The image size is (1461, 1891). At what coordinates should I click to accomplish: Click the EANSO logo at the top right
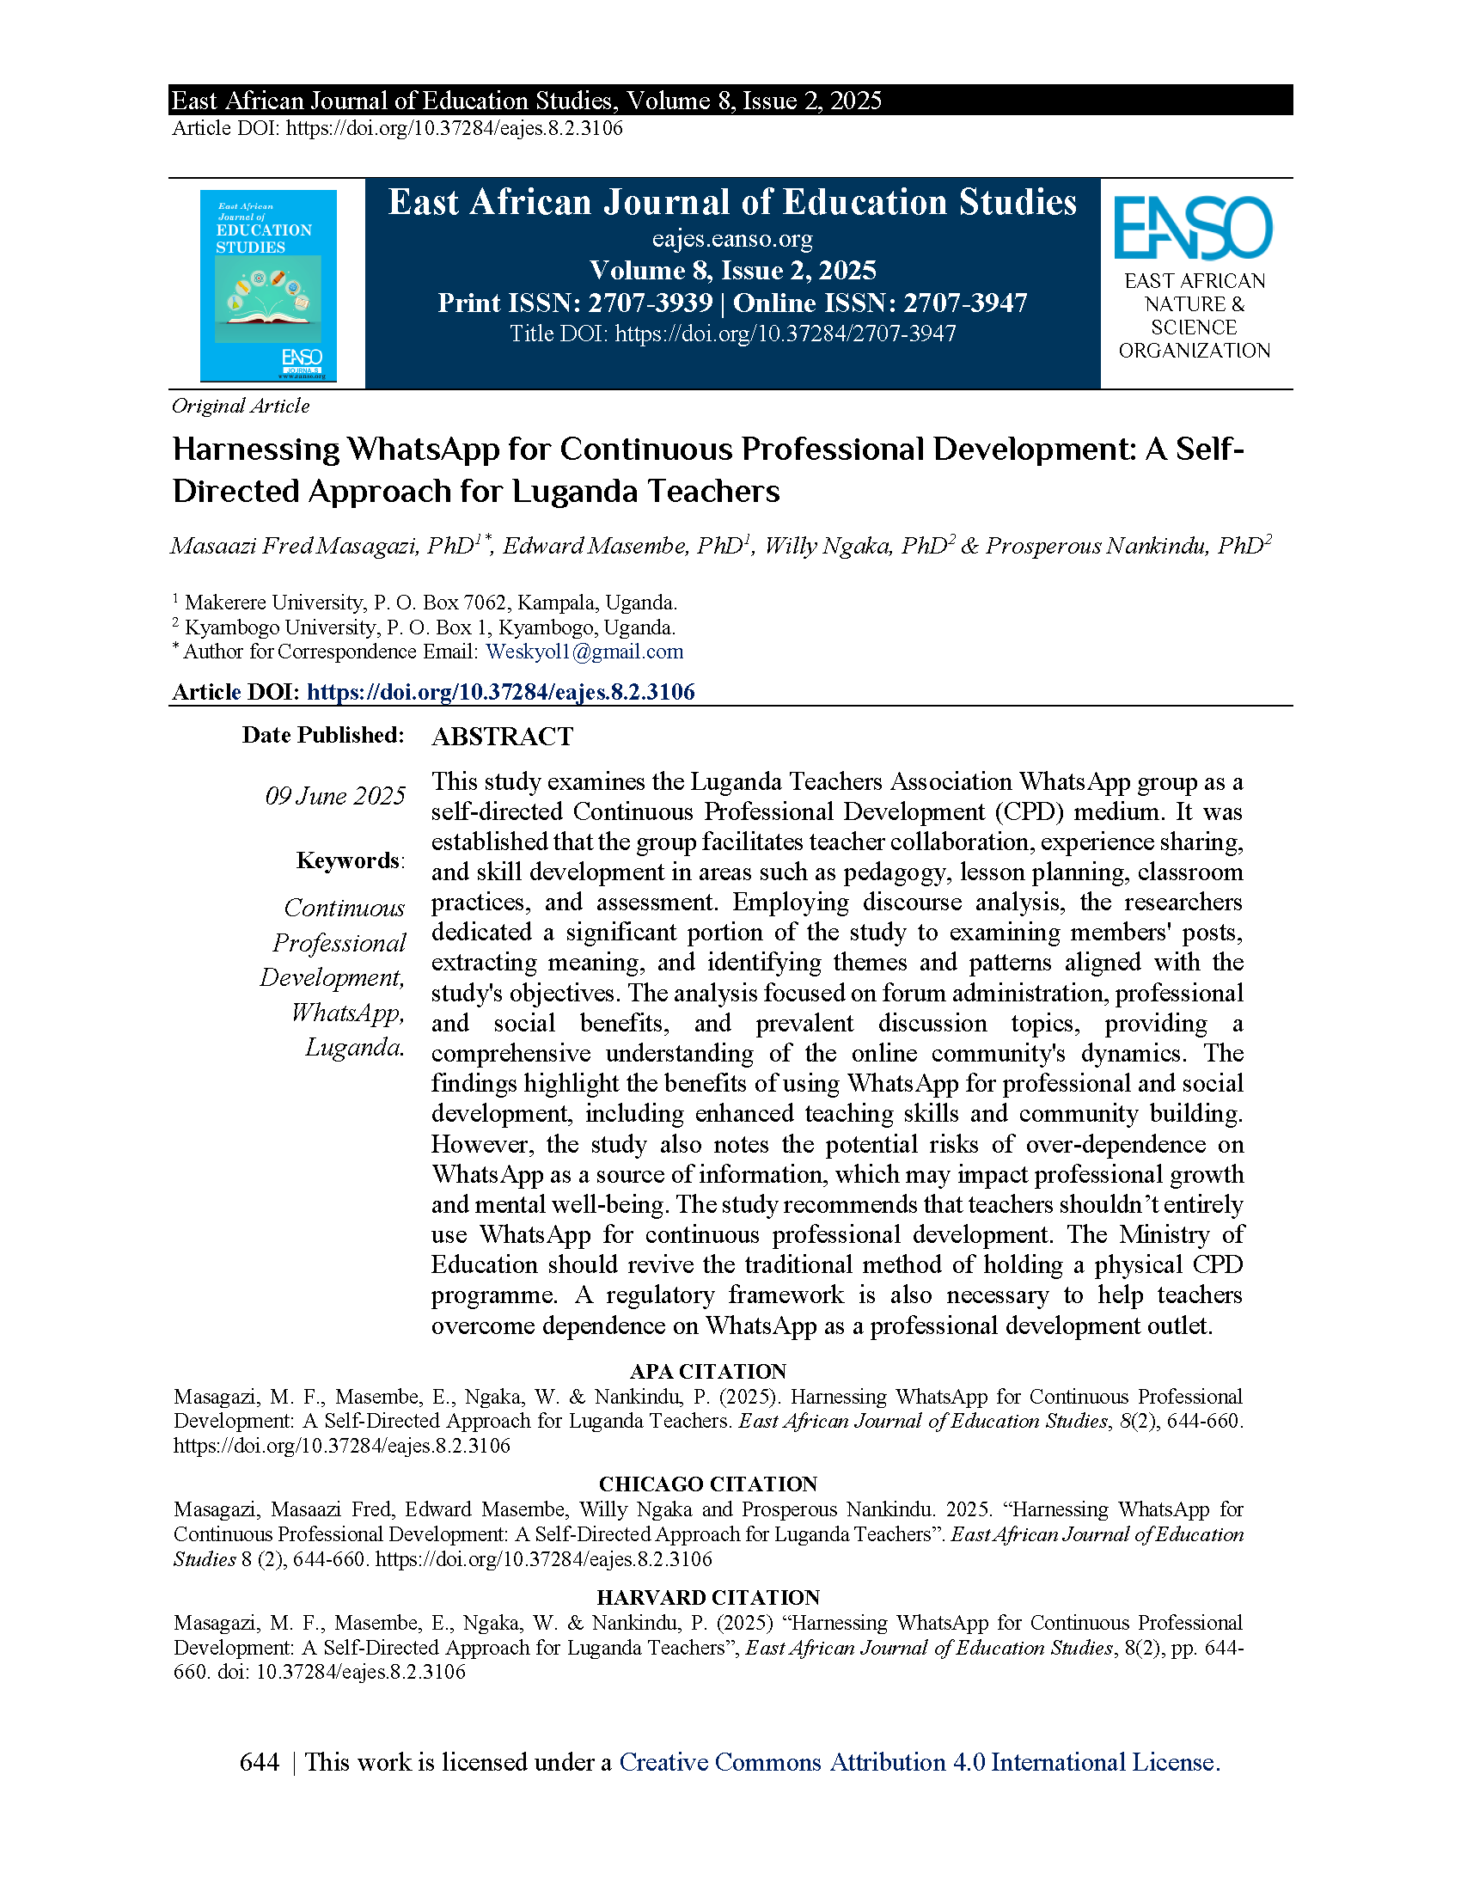tap(1193, 229)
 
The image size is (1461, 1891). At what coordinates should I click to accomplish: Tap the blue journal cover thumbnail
tap(267, 285)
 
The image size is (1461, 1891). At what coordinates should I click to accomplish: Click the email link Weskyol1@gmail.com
tap(584, 652)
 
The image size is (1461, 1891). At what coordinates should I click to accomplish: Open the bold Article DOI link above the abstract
tap(500, 692)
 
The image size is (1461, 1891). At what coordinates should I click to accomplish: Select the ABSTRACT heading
tap(502, 737)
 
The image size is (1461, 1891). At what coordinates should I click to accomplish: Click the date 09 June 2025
tap(335, 796)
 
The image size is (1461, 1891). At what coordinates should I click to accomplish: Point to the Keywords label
tap(349, 860)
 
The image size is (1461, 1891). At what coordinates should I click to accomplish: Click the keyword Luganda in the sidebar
tap(355, 1047)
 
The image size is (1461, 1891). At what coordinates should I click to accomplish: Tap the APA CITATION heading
tap(707, 1372)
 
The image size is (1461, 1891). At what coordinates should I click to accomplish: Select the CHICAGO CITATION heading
tap(707, 1484)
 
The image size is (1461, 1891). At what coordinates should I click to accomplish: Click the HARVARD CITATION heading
tap(707, 1598)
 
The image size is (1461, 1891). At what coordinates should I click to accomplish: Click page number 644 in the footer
tap(260, 1762)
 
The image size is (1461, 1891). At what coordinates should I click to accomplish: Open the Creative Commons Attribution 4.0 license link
tap(920, 1762)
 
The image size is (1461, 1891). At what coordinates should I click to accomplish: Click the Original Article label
tap(241, 406)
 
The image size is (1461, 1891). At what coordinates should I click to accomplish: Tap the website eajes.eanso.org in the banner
tap(732, 239)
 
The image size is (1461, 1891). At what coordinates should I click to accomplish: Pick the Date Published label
tap(323, 735)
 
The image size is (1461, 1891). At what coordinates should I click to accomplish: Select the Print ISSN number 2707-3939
tap(650, 303)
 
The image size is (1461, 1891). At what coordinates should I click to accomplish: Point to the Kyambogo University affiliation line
tap(430, 627)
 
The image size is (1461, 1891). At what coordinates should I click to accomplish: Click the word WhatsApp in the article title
tap(423, 449)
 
